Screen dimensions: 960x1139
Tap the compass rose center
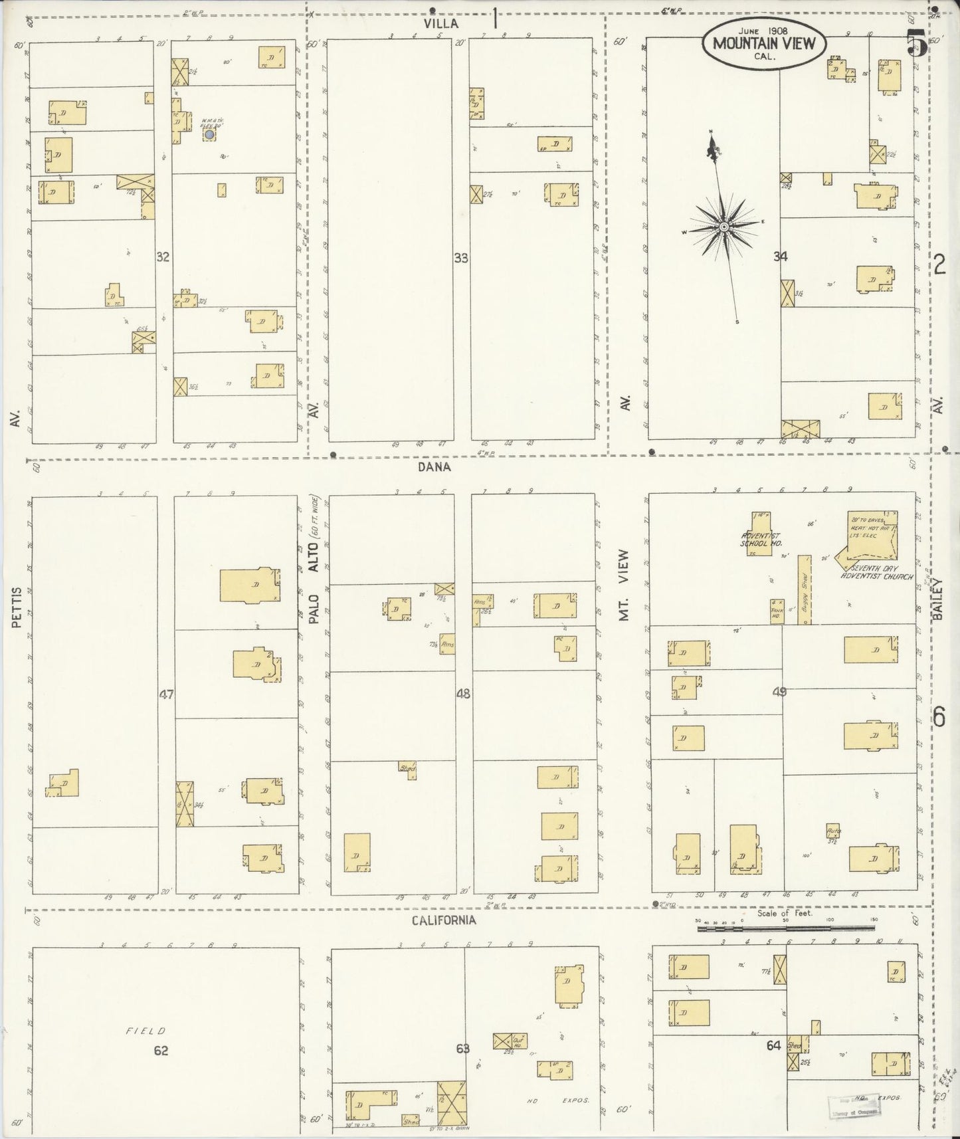[x=724, y=228]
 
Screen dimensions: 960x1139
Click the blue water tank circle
[x=209, y=134]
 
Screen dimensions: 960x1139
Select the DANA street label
[x=434, y=466]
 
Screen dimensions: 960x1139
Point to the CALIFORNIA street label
[x=443, y=920]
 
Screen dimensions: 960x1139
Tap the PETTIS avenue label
[x=17, y=606]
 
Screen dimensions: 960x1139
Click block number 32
[x=163, y=257]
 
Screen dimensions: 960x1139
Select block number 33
[x=461, y=258]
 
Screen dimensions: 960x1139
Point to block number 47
[x=166, y=694]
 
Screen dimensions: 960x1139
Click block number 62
[x=161, y=1050]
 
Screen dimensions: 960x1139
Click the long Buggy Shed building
[x=805, y=589]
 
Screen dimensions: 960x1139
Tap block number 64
[x=773, y=1045]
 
